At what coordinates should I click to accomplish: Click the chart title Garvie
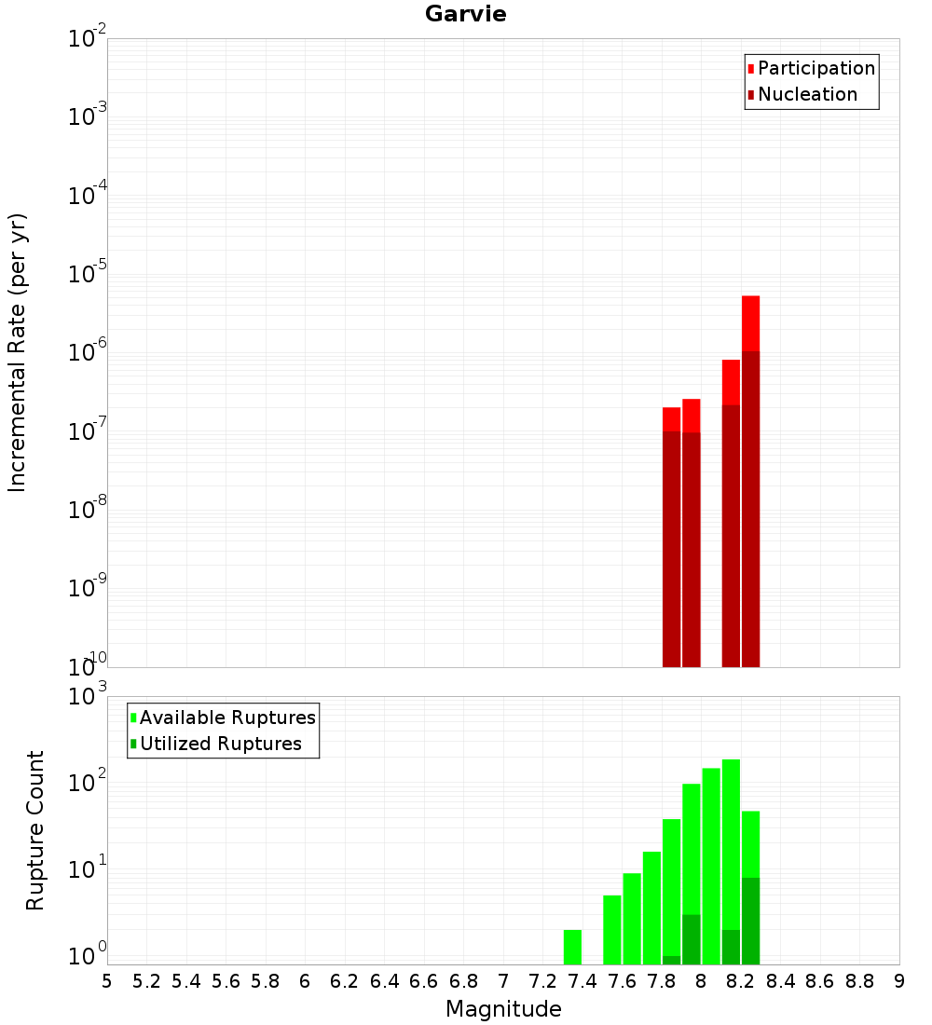point(465,14)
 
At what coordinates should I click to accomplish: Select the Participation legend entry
point(815,68)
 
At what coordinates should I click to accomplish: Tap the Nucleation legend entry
point(807,94)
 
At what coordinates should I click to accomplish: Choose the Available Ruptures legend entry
point(227,717)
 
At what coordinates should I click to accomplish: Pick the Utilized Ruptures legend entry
point(220,744)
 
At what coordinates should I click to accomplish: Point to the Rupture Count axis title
point(35,830)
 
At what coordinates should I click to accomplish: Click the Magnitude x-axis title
point(503,1009)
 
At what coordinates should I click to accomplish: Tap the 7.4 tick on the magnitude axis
point(582,980)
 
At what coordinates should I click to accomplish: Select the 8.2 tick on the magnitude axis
point(741,980)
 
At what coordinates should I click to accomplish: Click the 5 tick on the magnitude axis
point(107,980)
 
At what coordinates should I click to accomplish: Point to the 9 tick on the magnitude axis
point(899,980)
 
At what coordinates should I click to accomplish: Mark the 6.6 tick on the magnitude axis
point(424,980)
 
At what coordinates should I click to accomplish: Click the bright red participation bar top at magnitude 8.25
point(751,321)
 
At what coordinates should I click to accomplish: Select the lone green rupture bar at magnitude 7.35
point(572,947)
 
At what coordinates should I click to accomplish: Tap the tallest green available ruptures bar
point(731,839)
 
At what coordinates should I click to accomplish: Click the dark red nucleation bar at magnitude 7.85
point(671,550)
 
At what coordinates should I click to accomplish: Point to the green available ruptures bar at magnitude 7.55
point(612,929)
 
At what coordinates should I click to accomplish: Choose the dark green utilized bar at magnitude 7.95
point(692,939)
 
